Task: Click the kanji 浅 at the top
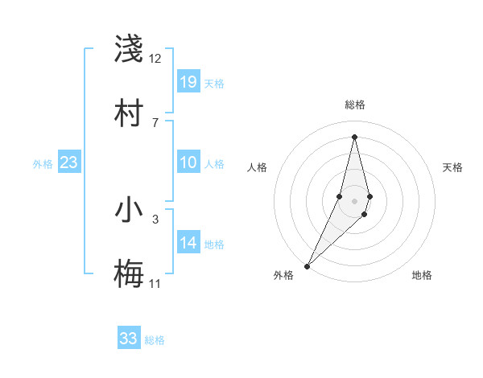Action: [129, 49]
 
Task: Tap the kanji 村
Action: [129, 112]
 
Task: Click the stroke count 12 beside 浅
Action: [155, 58]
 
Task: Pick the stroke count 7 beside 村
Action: [155, 122]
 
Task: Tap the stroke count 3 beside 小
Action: [155, 218]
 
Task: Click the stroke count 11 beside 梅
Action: [155, 283]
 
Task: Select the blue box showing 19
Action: [188, 81]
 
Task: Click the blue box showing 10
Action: [188, 162]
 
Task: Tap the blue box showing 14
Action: [188, 242]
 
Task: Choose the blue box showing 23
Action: [68, 162]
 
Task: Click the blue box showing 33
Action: [129, 339]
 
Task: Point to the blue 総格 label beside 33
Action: [155, 340]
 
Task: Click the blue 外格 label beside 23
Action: [43, 164]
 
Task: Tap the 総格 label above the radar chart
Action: [354, 105]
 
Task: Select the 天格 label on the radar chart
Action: [452, 167]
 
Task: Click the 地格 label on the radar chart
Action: [422, 275]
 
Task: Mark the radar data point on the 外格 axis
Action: [307, 265]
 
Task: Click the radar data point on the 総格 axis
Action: [354, 137]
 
